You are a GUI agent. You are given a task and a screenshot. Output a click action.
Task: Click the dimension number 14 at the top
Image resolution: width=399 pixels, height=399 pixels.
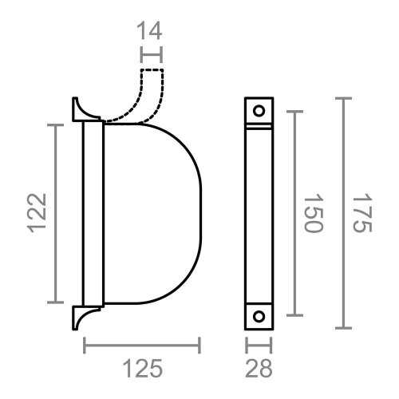pyautogui.click(x=149, y=31)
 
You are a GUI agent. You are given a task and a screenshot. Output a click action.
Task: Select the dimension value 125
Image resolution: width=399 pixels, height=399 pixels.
pyautogui.click(x=142, y=369)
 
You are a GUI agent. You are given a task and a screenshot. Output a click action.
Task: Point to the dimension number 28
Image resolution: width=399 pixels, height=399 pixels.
pyautogui.click(x=259, y=369)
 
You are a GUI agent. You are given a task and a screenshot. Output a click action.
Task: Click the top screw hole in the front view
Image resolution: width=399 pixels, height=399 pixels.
pyautogui.click(x=259, y=110)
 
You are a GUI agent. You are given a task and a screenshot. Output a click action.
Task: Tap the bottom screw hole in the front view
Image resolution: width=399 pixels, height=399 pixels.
pyautogui.click(x=259, y=316)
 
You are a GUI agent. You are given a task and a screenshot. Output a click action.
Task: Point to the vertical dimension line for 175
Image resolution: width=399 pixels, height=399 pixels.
pyautogui.click(x=343, y=213)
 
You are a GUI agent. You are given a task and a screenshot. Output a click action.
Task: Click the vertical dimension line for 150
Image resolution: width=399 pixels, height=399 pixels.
pyautogui.click(x=295, y=213)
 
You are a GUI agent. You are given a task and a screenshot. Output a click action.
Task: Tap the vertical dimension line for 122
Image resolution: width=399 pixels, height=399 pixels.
pyautogui.click(x=55, y=213)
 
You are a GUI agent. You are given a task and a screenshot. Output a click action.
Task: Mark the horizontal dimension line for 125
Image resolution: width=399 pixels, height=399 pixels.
pyautogui.click(x=142, y=346)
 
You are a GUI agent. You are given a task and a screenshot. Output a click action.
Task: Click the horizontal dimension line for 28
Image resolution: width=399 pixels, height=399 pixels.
pyautogui.click(x=259, y=346)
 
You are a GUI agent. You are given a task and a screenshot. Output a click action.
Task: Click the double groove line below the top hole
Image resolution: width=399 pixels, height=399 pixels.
pyautogui.click(x=259, y=126)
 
